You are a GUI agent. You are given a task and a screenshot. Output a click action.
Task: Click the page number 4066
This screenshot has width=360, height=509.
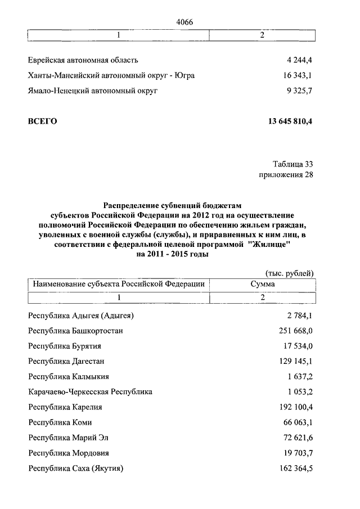(x=184, y=22)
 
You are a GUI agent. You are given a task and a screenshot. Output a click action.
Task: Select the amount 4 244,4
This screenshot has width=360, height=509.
(x=296, y=60)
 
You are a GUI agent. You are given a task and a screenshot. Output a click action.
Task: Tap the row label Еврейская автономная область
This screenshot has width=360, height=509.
(x=83, y=60)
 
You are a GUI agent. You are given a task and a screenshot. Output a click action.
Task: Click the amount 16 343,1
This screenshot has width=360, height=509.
(x=294, y=75)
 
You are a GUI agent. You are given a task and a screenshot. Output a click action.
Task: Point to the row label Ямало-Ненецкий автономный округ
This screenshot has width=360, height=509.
(x=93, y=90)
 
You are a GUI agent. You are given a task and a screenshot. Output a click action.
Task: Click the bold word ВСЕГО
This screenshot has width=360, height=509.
(x=43, y=121)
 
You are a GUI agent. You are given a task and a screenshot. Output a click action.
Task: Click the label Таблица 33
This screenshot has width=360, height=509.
(x=292, y=164)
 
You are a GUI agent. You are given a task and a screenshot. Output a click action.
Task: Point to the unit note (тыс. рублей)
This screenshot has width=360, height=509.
(x=289, y=273)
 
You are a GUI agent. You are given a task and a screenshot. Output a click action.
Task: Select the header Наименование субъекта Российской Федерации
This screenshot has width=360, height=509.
(x=118, y=285)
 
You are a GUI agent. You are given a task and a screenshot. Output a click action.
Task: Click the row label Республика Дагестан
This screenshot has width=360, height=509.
(x=66, y=361)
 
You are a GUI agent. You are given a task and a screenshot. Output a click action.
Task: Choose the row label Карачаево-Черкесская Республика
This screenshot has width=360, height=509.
(x=90, y=391)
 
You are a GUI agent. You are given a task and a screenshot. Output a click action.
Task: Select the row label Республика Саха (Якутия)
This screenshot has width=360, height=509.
(x=75, y=468)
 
